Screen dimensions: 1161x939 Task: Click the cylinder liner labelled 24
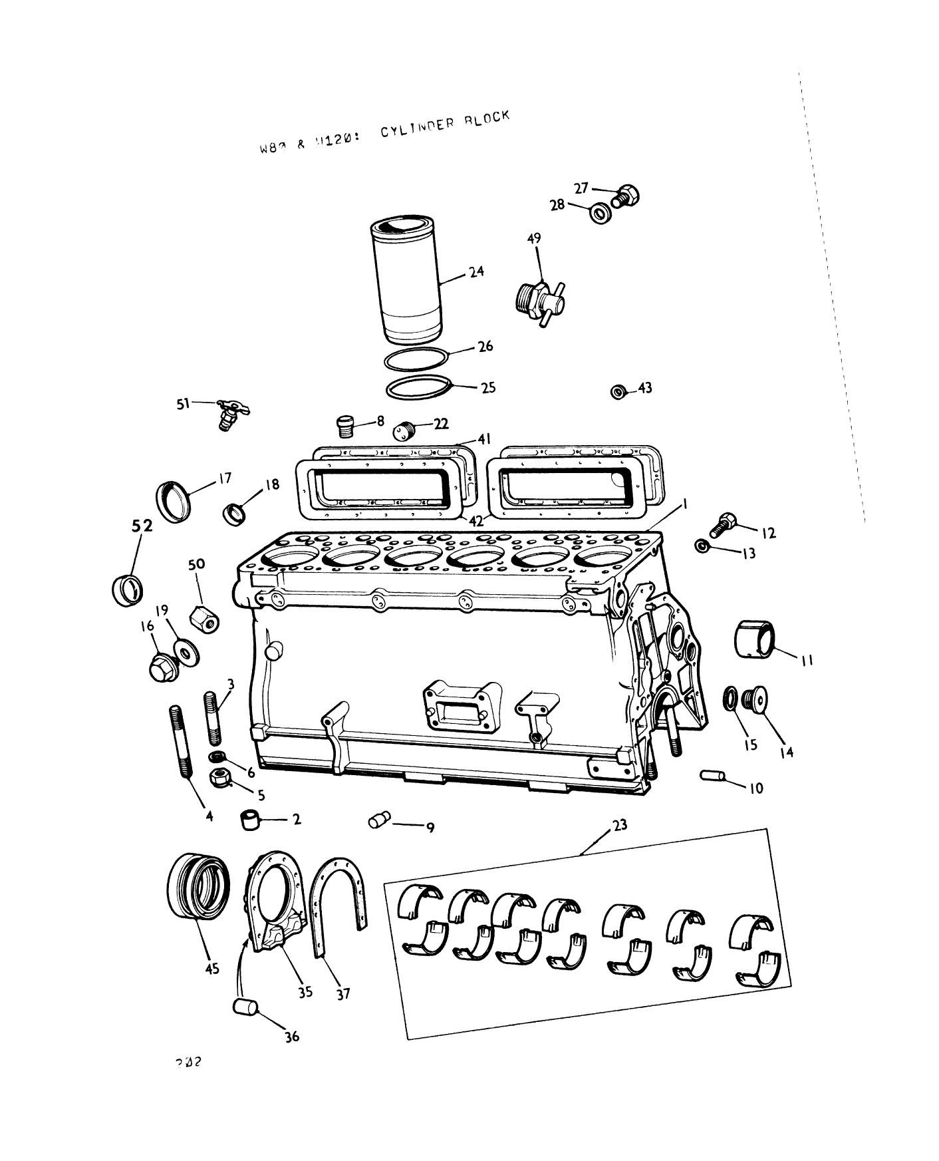point(405,281)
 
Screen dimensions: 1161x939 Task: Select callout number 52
point(141,526)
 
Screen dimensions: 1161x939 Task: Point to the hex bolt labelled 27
point(625,195)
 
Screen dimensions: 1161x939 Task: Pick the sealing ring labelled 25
point(418,388)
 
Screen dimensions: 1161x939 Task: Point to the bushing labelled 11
point(756,639)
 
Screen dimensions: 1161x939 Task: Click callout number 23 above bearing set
point(620,825)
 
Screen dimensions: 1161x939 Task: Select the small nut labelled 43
point(618,392)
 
